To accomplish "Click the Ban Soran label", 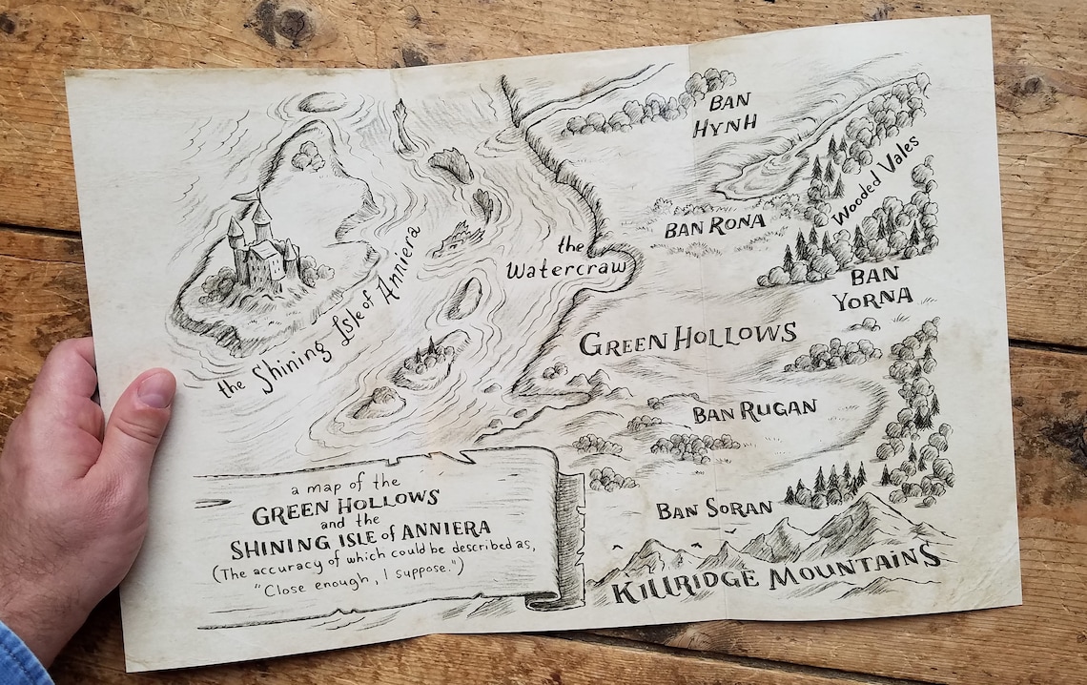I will point(713,509).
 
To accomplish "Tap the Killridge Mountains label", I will point(775,576).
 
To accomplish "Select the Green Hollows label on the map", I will point(687,338).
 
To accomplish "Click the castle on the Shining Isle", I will point(260,247).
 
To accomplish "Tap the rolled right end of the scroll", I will point(569,539).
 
